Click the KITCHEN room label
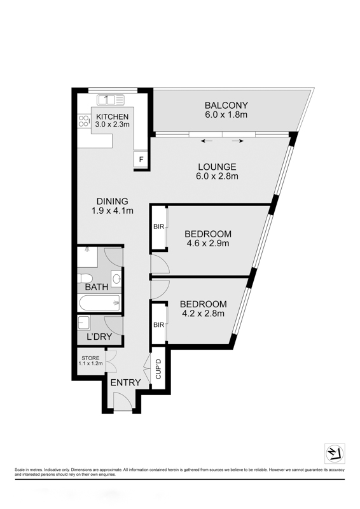pos(113,116)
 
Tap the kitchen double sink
pos(111,100)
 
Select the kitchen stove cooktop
pos(84,121)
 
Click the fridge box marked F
pos(141,160)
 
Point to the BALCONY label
pos(226,105)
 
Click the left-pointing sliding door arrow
pos(207,141)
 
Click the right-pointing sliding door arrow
pos(238,141)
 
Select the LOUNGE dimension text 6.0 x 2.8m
pos(217,176)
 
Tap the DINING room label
pos(113,201)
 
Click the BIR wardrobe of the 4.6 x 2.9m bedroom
pos(159,227)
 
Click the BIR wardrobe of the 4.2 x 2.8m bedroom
pos(159,324)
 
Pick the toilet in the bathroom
pos(85,279)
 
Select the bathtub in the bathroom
pos(99,303)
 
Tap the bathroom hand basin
pos(116,279)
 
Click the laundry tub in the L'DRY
pos(84,323)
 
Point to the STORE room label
pos(90,358)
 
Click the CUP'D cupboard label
pos(159,369)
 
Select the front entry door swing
pos(123,401)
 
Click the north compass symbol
pos(335,454)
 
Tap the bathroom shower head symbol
pos(87,249)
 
